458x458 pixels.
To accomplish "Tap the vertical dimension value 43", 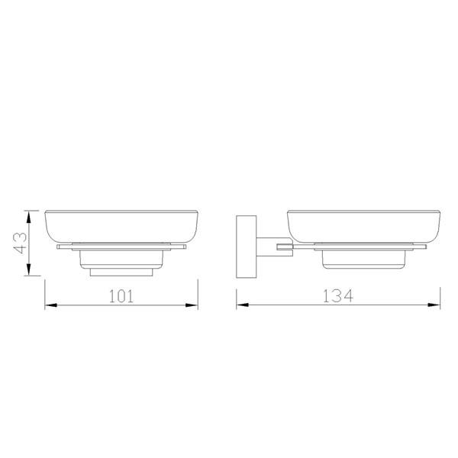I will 21,242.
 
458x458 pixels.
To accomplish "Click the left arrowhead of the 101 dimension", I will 50,305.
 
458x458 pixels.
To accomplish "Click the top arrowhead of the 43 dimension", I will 29,213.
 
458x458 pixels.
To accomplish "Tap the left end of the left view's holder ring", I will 59,248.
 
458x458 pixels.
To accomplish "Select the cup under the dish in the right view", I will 363,259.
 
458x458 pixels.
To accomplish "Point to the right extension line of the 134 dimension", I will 443,294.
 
